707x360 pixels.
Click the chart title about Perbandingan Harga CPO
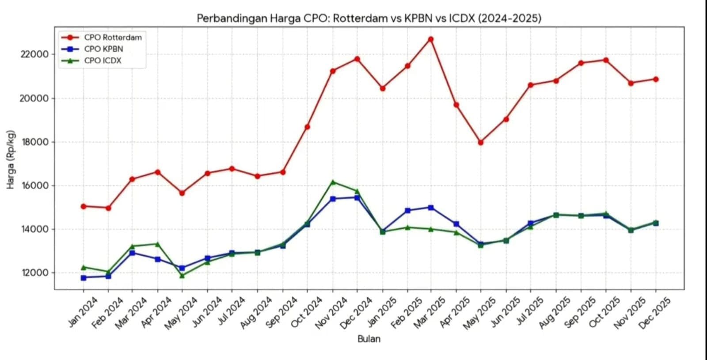tap(369, 18)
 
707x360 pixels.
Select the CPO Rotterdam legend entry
tap(113, 38)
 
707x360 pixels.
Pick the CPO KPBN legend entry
tap(103, 49)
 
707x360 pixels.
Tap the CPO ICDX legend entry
tap(103, 61)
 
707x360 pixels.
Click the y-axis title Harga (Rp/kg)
tap(11, 159)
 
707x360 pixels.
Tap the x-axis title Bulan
tap(369, 339)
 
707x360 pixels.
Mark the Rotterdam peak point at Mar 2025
tap(431, 39)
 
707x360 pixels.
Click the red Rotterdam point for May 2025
tap(481, 142)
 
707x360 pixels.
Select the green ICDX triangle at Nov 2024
tap(333, 182)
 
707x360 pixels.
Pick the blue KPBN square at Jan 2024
tap(84, 278)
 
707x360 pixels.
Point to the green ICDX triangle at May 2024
tap(182, 276)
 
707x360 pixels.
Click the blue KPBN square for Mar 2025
tap(431, 208)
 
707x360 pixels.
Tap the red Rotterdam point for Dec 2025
tap(656, 80)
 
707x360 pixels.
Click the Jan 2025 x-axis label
tap(382, 312)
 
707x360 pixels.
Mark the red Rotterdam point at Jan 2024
tap(84, 206)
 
